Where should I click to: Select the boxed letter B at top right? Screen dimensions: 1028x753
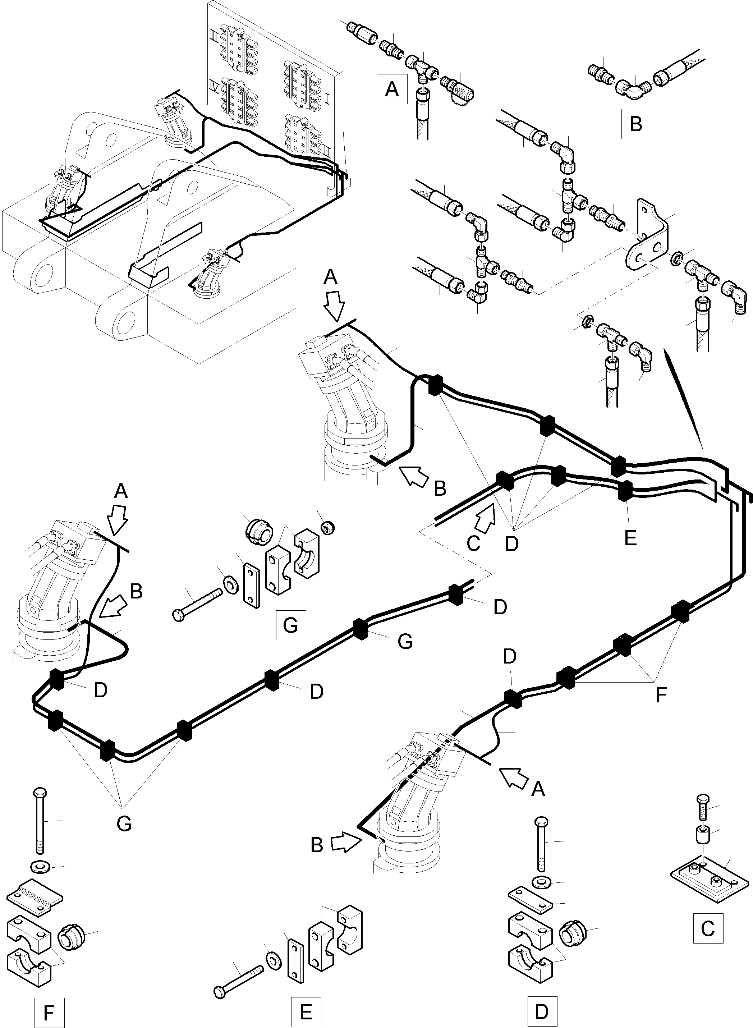635,124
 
